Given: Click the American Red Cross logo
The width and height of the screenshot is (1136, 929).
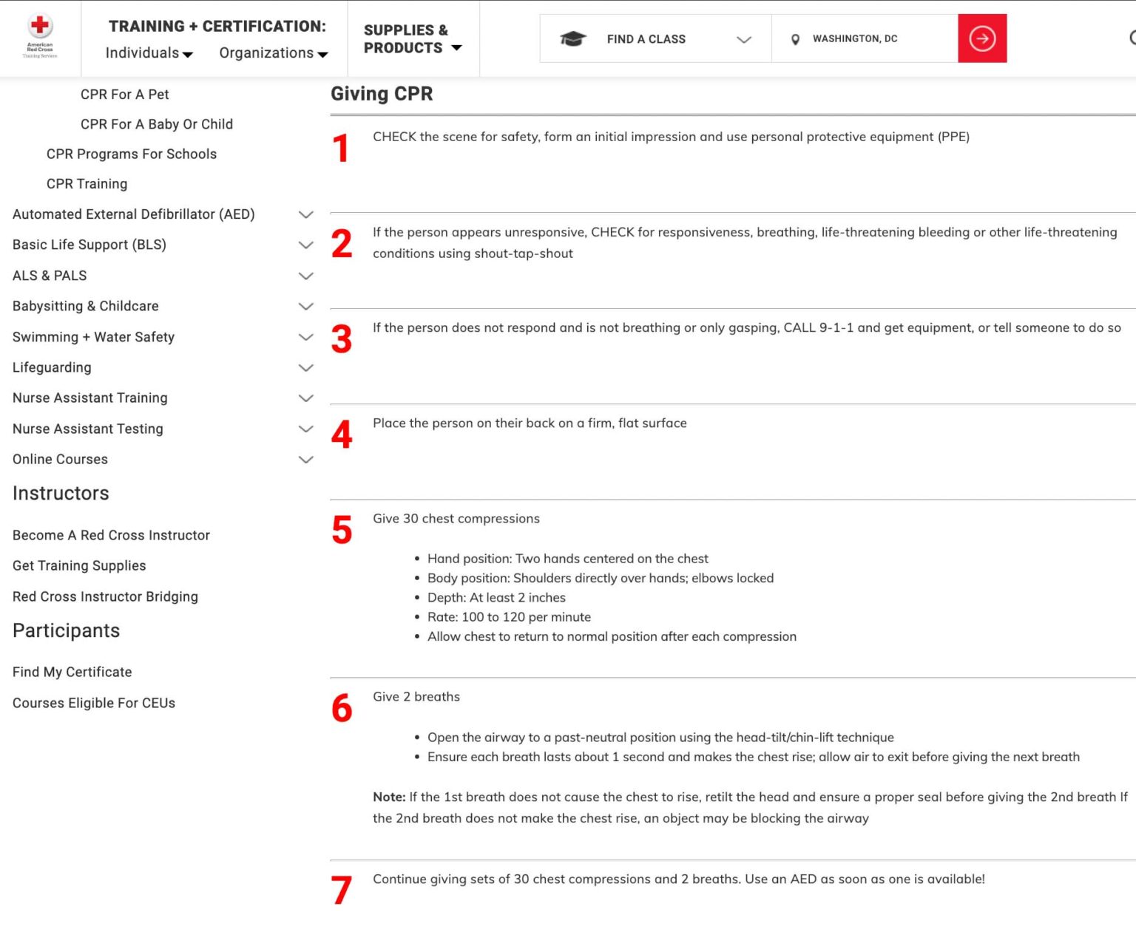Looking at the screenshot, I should click(40, 35).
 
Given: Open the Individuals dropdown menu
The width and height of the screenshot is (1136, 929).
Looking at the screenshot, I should click(149, 53).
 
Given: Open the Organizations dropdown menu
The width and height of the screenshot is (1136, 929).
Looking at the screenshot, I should click(273, 53).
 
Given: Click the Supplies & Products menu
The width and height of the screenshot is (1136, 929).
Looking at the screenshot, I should click(412, 39).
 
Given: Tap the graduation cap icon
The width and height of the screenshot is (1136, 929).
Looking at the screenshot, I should click(572, 38).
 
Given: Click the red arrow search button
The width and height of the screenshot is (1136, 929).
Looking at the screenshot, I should click(981, 38).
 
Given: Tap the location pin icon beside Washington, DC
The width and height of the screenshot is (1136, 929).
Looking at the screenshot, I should click(795, 39).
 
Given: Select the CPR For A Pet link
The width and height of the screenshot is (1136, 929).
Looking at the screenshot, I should click(124, 95).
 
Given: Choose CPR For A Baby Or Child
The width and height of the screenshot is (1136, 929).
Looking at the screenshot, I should click(156, 124).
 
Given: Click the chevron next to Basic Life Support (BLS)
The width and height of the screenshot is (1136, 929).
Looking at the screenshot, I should click(305, 245).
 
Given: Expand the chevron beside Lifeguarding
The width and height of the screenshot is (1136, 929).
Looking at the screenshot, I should click(305, 367).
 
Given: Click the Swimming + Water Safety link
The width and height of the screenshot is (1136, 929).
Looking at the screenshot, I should click(93, 337).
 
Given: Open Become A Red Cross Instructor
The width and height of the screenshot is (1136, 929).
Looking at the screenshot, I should click(111, 535).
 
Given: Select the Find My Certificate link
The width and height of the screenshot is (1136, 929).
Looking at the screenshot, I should click(72, 672).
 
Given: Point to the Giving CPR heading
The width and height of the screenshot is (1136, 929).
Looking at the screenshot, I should click(382, 94).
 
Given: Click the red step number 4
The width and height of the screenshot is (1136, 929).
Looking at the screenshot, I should click(342, 435).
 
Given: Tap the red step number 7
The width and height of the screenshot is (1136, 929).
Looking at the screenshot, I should click(341, 890).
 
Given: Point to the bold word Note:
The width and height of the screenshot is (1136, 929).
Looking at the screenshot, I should click(389, 797).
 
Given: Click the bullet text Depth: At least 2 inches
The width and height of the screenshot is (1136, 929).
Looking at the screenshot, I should click(496, 597).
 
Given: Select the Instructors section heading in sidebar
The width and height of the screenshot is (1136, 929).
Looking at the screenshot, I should click(61, 493).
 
